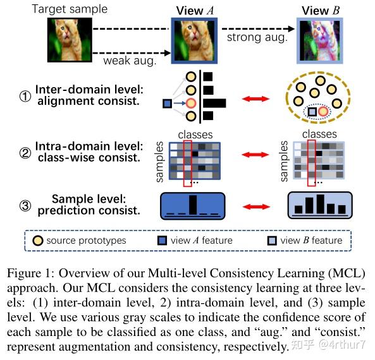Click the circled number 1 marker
pos(24,98)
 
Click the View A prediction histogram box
pos(193,205)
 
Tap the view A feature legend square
pos(163,241)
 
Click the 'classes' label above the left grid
pos(195,134)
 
